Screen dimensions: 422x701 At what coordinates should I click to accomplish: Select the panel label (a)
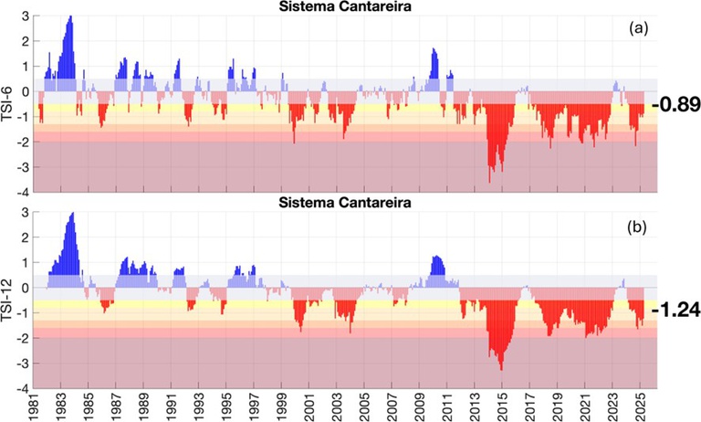[638, 29]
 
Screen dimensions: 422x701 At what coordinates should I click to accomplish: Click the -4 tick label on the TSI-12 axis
[20, 388]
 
